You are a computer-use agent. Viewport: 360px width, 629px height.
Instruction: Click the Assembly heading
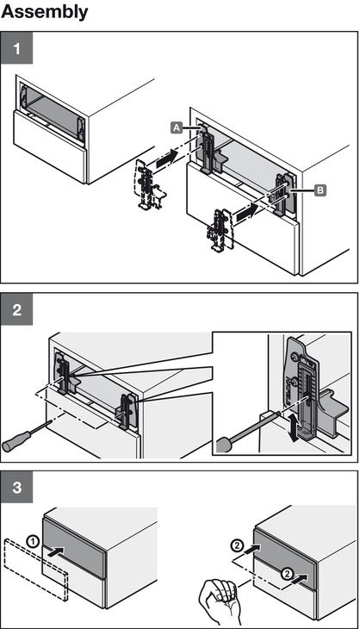(x=44, y=12)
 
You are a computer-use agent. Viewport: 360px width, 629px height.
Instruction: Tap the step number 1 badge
(x=16, y=47)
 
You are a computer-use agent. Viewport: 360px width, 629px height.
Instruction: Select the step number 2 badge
(x=16, y=309)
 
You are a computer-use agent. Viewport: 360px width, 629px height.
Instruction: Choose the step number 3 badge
(x=16, y=487)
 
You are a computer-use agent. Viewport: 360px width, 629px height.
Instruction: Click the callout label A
(x=177, y=128)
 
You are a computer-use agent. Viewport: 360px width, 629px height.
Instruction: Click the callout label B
(x=320, y=190)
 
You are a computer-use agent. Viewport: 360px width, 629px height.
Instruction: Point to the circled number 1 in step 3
(x=34, y=542)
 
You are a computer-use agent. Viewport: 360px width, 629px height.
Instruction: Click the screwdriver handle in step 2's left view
(x=16, y=440)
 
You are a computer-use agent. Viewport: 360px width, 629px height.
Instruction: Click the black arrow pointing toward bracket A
(x=165, y=158)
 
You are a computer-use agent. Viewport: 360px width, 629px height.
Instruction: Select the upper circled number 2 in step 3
(x=237, y=545)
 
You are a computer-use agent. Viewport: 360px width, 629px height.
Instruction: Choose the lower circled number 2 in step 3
(x=286, y=574)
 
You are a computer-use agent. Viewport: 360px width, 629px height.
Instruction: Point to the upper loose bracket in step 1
(x=148, y=185)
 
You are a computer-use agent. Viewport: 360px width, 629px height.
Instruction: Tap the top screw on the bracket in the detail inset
(x=295, y=355)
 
